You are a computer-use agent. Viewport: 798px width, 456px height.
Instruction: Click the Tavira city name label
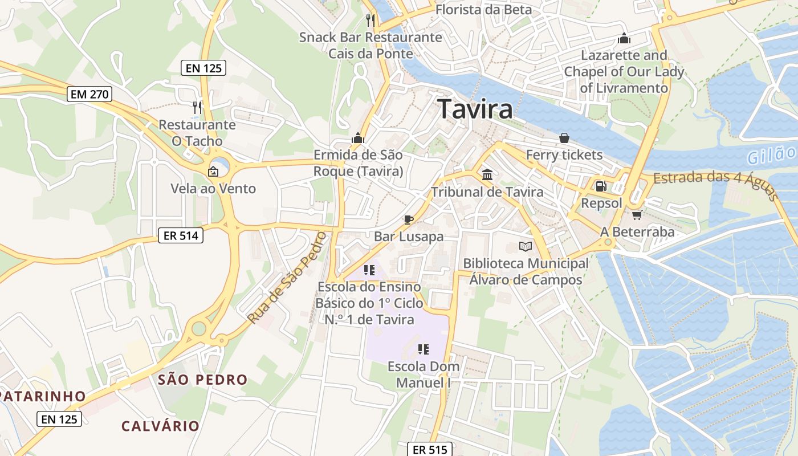pos(475,109)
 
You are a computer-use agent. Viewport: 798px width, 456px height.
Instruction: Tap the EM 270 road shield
pos(89,94)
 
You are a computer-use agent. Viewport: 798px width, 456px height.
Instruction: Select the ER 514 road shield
pos(180,235)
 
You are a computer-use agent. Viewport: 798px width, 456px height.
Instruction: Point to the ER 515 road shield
pos(430,449)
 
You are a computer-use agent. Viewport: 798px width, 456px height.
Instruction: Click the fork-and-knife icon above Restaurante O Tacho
pos(197,107)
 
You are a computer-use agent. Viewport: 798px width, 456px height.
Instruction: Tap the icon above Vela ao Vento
pos(213,171)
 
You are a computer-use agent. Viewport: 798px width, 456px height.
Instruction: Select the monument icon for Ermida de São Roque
pos(358,138)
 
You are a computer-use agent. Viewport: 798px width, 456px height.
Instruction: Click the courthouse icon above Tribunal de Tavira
pos(487,174)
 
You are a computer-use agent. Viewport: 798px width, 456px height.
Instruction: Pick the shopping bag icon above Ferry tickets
pos(564,138)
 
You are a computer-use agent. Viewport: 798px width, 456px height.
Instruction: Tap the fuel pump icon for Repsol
pos(601,186)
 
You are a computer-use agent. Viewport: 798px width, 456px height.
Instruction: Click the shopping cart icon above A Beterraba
pos(637,215)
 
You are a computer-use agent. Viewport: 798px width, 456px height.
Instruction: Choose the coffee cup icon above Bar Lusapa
pos(408,219)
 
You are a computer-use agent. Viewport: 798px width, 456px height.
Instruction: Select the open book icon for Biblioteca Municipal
pos(525,246)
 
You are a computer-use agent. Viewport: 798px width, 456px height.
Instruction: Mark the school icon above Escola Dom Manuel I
pos(423,349)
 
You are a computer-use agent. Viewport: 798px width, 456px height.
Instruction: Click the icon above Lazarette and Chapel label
pos(624,39)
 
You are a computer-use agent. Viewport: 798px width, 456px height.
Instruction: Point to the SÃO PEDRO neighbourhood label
pos(202,380)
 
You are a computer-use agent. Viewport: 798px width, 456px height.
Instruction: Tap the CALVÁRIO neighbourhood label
pos(160,425)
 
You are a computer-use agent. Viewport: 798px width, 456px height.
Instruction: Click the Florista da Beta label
pos(483,10)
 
